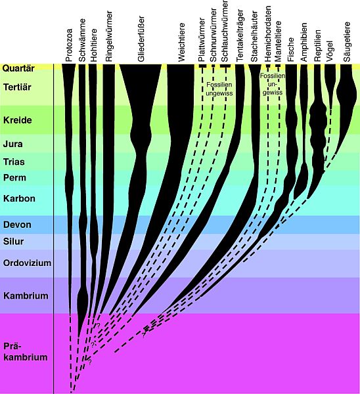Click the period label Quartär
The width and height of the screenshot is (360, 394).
18,68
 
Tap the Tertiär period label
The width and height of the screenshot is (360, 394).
17,87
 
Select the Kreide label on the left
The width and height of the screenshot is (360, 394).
18,120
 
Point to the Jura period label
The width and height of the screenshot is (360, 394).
13,144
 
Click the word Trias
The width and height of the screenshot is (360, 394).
14,162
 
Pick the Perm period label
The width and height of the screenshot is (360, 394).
14,178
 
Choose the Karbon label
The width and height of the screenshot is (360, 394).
19,198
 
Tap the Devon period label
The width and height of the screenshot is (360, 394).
17,225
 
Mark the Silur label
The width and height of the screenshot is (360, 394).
13,242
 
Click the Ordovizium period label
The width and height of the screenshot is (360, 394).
27,263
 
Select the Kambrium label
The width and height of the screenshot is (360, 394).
26,295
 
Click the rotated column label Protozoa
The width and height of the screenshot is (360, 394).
69,45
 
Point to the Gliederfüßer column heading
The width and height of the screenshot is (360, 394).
141,39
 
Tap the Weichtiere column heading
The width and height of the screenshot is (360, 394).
181,42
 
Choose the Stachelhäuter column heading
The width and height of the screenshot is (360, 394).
254,36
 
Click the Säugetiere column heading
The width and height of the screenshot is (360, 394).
347,42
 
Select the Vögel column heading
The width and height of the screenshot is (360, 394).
330,51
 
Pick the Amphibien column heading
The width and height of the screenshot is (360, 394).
304,42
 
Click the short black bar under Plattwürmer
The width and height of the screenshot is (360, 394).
202,66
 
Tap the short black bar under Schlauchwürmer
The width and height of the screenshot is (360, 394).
225,66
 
